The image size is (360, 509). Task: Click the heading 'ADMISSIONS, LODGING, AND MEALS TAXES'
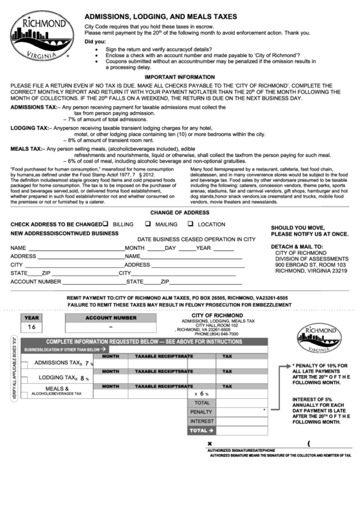[161, 16]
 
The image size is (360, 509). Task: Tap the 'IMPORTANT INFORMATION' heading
[180, 77]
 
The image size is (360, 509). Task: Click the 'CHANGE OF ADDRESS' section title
[180, 213]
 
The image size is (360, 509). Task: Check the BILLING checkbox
[106, 224]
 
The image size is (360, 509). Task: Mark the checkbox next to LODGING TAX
[24, 379]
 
